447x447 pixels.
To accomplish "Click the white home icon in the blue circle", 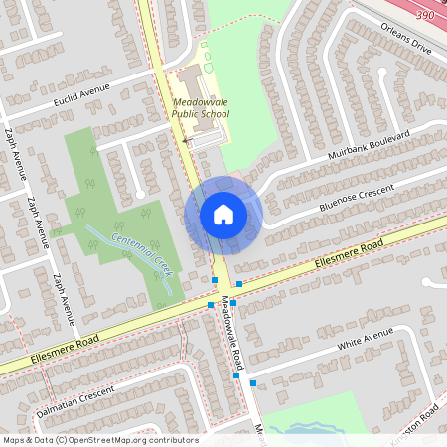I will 223,214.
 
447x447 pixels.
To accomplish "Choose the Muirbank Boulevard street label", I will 369,146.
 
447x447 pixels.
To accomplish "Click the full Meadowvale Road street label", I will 232,333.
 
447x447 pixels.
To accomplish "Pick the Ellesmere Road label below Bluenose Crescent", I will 346,258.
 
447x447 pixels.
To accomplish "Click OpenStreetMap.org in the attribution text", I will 119,440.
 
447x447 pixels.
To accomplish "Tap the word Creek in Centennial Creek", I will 160,263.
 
